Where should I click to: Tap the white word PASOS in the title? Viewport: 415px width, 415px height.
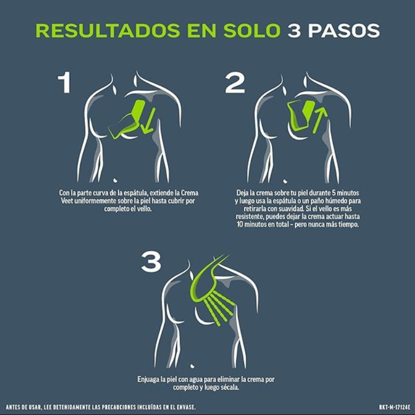coord(344,31)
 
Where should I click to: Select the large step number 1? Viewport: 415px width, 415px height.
coord(64,82)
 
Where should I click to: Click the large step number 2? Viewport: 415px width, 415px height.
coord(234,82)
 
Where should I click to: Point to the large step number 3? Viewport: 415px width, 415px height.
coord(151,262)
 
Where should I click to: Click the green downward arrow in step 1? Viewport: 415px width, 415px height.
coord(148,120)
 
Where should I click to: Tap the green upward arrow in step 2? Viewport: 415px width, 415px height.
coord(319,120)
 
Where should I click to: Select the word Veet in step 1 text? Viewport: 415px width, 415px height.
coord(67,201)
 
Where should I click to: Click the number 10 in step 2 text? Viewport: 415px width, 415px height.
coord(240,224)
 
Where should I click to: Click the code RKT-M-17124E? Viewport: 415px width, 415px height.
coord(394,407)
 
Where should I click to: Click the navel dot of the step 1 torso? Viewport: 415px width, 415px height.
coord(116,180)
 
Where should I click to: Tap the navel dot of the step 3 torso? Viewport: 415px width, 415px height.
coord(192,366)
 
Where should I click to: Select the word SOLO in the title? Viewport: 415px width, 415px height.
coord(252,31)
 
